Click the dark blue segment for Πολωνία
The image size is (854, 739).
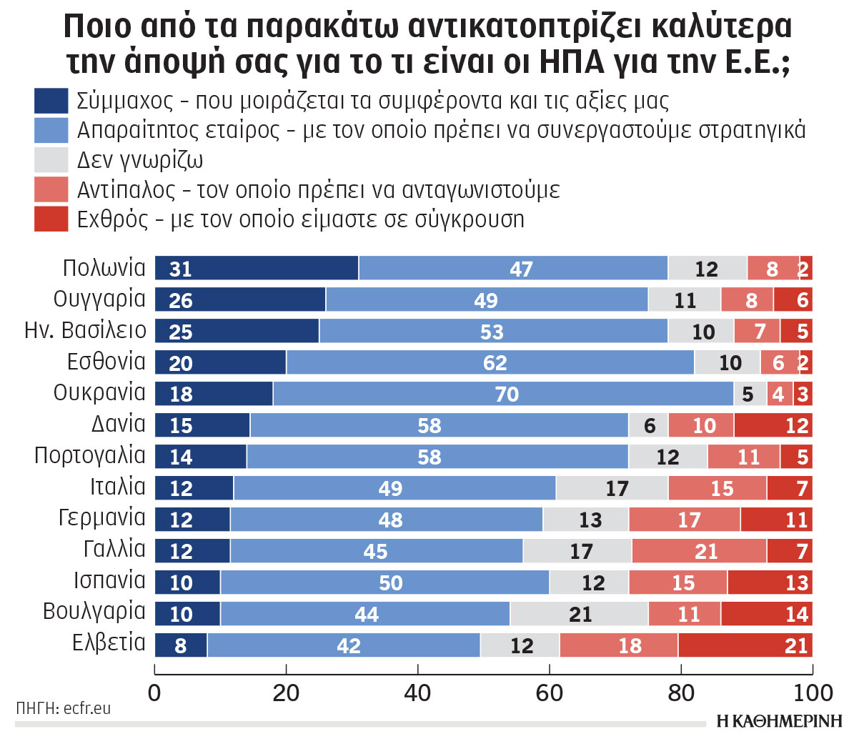257,268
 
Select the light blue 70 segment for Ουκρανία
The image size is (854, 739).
504,394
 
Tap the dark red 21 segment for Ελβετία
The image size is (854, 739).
745,645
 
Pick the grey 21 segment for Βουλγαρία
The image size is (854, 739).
579,614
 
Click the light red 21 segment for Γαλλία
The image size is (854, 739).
699,551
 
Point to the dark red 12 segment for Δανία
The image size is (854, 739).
773,425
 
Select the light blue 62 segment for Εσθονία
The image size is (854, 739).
490,362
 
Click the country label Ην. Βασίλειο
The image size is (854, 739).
85,330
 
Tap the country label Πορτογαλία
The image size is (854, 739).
90,456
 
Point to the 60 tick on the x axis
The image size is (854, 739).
550,692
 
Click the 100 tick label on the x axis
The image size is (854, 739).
813,692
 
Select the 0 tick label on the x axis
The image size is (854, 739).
154,692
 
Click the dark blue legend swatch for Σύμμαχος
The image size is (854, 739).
51,101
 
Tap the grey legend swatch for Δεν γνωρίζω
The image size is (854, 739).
51,160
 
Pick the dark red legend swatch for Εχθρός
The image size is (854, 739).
51,219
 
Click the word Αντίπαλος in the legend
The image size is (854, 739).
125,190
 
